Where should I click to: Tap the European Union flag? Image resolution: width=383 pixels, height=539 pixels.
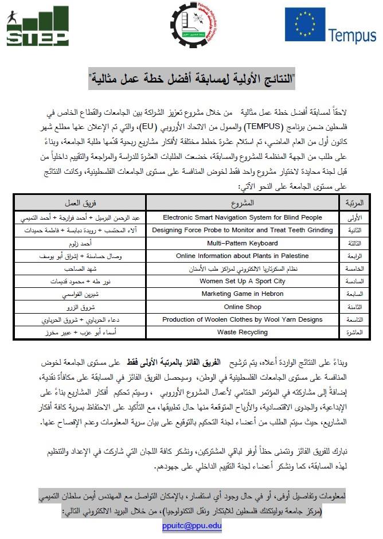(306, 25)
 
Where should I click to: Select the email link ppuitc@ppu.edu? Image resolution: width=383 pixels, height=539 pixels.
(191, 525)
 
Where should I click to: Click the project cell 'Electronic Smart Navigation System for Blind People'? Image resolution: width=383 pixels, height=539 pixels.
(243, 218)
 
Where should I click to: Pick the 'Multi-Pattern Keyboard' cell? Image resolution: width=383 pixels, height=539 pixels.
(243, 243)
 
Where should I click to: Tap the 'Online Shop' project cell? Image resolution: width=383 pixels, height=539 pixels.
(243, 307)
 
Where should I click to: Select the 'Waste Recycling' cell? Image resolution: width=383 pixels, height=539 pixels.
(243, 332)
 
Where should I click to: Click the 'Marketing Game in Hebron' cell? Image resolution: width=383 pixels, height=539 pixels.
(243, 294)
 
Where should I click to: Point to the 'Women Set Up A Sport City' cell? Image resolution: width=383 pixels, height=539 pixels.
(243, 281)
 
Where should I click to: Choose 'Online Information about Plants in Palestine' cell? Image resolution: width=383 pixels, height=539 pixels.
(243, 256)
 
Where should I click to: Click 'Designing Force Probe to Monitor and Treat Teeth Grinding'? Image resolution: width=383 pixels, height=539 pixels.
(243, 231)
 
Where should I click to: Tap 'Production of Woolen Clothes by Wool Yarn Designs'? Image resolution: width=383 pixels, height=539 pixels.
(243, 319)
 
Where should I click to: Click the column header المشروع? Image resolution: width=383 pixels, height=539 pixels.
(243, 203)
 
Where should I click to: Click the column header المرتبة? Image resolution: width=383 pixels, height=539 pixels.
(355, 203)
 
